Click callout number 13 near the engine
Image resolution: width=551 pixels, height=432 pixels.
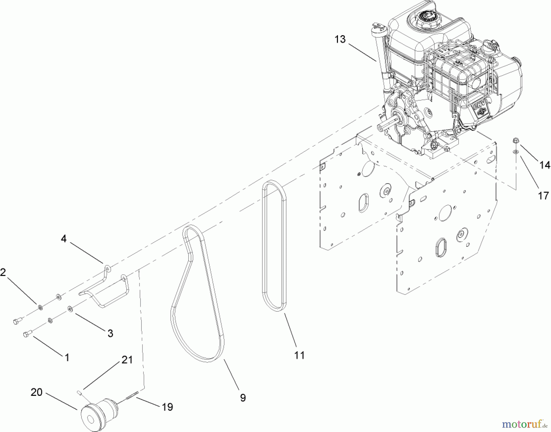pos(340,39)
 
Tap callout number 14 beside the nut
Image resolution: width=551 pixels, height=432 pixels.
pos(545,165)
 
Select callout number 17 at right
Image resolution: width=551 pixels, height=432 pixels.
pos(543,196)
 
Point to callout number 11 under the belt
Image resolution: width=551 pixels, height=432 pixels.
pos(299,355)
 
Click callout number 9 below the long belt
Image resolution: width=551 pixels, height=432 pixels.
pos(242,398)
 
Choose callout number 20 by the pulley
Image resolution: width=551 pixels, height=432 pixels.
pos(36,392)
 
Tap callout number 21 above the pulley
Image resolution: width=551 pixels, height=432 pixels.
pos(127,360)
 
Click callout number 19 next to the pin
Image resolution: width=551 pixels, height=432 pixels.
pos(167,407)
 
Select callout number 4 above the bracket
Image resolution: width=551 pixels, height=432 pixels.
pos(63,239)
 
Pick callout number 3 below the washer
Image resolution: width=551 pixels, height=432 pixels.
pos(110,333)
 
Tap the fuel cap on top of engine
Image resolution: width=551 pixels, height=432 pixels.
pos(426,15)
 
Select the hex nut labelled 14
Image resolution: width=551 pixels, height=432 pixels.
pos(515,141)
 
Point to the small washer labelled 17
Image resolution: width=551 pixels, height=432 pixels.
pos(516,151)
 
